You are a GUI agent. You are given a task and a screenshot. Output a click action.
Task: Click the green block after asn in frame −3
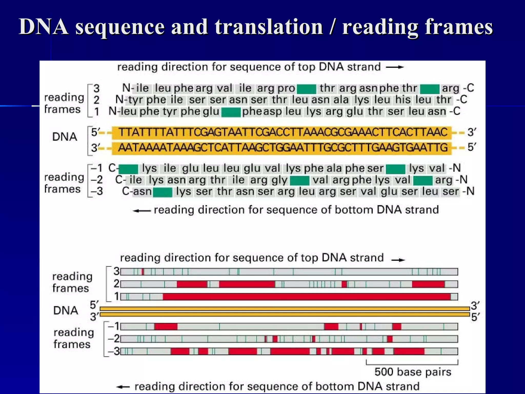tap(163, 192)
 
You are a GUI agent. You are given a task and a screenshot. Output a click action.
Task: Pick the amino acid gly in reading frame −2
tap(279, 180)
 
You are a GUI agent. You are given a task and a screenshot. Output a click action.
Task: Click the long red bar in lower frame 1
tap(307, 297)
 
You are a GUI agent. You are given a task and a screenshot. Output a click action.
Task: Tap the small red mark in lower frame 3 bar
tap(143, 272)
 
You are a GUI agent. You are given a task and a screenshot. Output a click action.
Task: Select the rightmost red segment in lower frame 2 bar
tap(428, 284)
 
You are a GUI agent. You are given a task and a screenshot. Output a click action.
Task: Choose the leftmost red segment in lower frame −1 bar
tap(166, 327)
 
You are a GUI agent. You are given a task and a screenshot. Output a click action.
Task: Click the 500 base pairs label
tap(413, 372)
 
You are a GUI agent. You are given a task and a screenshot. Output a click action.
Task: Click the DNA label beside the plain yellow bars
tap(66, 311)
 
